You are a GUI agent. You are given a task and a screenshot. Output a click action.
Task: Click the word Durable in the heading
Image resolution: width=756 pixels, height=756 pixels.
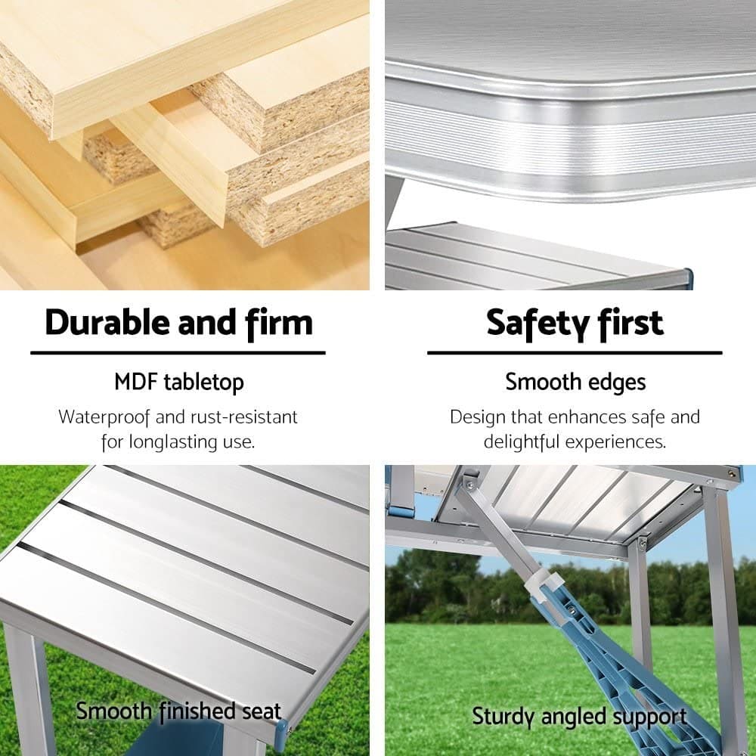[107, 323]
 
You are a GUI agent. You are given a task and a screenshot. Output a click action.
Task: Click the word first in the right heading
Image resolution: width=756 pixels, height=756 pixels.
[627, 323]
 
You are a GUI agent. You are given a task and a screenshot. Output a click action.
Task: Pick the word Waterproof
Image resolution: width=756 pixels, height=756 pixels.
[109, 417]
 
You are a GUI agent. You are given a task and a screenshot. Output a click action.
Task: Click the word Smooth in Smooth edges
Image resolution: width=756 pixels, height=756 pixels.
[541, 382]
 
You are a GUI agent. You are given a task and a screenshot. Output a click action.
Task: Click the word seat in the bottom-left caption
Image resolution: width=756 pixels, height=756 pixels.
[261, 711]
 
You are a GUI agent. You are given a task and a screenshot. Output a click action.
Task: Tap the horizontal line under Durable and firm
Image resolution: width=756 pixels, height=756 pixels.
[178, 352]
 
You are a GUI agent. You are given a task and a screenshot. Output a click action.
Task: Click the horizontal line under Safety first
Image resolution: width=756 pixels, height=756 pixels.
[575, 352]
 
